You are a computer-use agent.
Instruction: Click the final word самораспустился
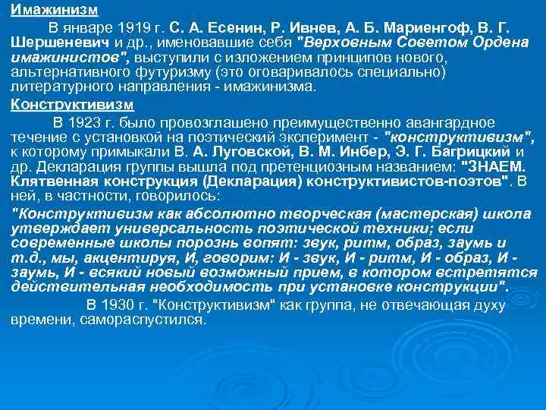143,319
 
